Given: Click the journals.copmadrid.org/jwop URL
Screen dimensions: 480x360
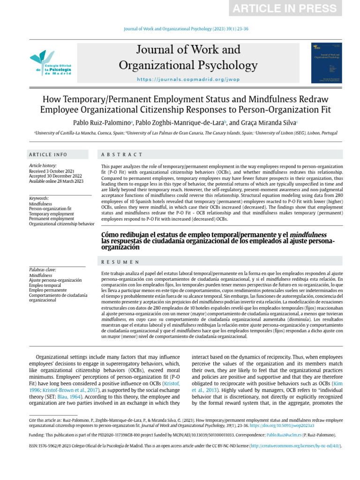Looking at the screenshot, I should pyautogui.click(x=188, y=80).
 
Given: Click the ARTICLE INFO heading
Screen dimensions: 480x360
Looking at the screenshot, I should pyautogui.click(x=48, y=155).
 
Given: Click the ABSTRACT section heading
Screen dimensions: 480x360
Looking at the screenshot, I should pyautogui.click(x=122, y=155).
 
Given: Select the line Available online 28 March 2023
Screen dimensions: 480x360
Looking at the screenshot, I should pyautogui.click(x=56, y=181).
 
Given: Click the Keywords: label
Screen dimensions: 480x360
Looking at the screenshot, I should pyautogui.click(x=39, y=199).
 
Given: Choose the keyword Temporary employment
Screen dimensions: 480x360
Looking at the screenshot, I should pyautogui.click(x=51, y=214).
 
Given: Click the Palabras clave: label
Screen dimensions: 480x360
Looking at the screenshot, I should pyautogui.click(x=42, y=270).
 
